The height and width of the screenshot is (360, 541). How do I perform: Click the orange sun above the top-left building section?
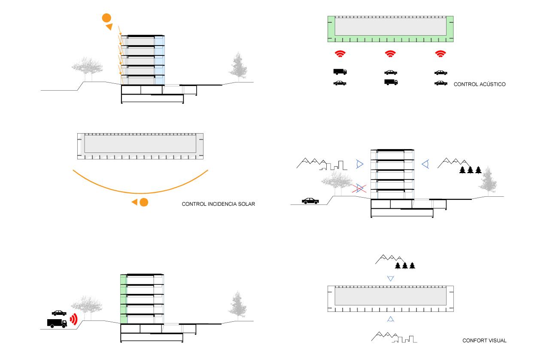pyautogui.click(x=106, y=18)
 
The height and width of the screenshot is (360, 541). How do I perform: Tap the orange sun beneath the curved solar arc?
pyautogui.click(x=144, y=202)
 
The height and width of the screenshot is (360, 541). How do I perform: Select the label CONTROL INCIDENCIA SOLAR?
pyautogui.click(x=219, y=204)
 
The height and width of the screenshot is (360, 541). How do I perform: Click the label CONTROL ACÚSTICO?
pyautogui.click(x=479, y=85)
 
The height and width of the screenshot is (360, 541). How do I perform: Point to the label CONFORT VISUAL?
pyautogui.click(x=484, y=341)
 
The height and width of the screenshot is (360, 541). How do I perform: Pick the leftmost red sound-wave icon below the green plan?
pyautogui.click(x=340, y=54)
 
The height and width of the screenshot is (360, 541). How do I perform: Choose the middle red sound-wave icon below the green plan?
pyautogui.click(x=390, y=54)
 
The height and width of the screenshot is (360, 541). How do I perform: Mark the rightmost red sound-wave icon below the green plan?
pyautogui.click(x=440, y=54)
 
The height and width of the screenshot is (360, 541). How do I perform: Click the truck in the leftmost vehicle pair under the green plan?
pyautogui.click(x=340, y=72)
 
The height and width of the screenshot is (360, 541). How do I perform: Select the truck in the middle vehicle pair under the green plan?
pyautogui.click(x=391, y=82)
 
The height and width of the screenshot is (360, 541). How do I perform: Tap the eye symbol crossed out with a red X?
pyautogui.click(x=359, y=188)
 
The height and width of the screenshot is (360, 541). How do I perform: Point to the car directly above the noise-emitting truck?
pyautogui.click(x=59, y=313)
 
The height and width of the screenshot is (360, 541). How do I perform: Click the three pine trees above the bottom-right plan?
pyautogui.click(x=405, y=265)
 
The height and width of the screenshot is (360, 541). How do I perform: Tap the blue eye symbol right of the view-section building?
pyautogui.click(x=426, y=164)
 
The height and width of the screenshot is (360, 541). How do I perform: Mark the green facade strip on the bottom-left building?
pyautogui.click(x=123, y=299)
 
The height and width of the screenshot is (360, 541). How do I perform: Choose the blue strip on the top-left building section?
pyautogui.click(x=159, y=60)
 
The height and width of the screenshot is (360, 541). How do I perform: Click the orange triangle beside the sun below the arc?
pyautogui.click(x=135, y=202)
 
